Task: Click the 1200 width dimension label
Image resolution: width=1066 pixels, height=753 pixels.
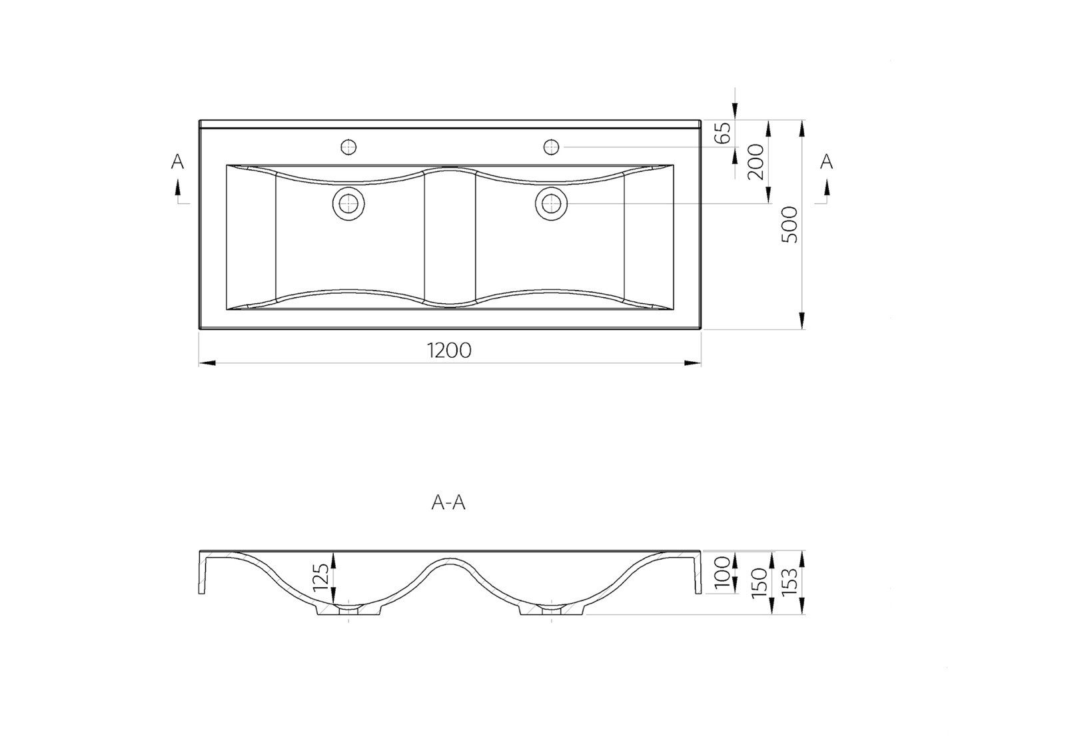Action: (450, 350)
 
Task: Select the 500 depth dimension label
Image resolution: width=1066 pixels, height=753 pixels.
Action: (789, 224)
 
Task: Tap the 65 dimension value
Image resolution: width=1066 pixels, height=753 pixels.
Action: (723, 133)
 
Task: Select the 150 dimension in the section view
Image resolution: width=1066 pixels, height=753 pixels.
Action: (757, 583)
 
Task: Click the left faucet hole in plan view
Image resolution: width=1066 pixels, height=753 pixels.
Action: (348, 146)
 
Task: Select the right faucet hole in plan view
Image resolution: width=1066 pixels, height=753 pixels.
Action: (551, 146)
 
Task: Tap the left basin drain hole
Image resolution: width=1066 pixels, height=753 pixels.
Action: (348, 203)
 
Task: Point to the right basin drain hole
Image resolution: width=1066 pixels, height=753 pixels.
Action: (551, 203)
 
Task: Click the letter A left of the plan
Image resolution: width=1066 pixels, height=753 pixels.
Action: (177, 162)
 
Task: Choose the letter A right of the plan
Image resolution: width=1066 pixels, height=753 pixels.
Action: (826, 162)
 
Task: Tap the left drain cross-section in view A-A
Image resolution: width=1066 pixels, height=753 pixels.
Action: (348, 609)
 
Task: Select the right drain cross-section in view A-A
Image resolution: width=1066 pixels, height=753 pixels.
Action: (551, 609)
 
